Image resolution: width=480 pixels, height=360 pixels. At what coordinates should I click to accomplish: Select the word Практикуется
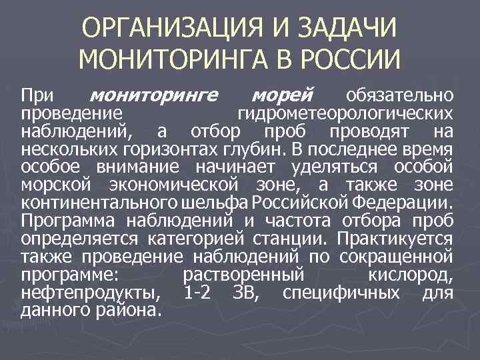(x=395, y=237)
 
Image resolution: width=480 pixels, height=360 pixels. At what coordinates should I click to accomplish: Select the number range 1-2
(x=197, y=291)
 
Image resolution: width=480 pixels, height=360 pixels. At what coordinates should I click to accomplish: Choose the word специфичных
(x=341, y=291)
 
